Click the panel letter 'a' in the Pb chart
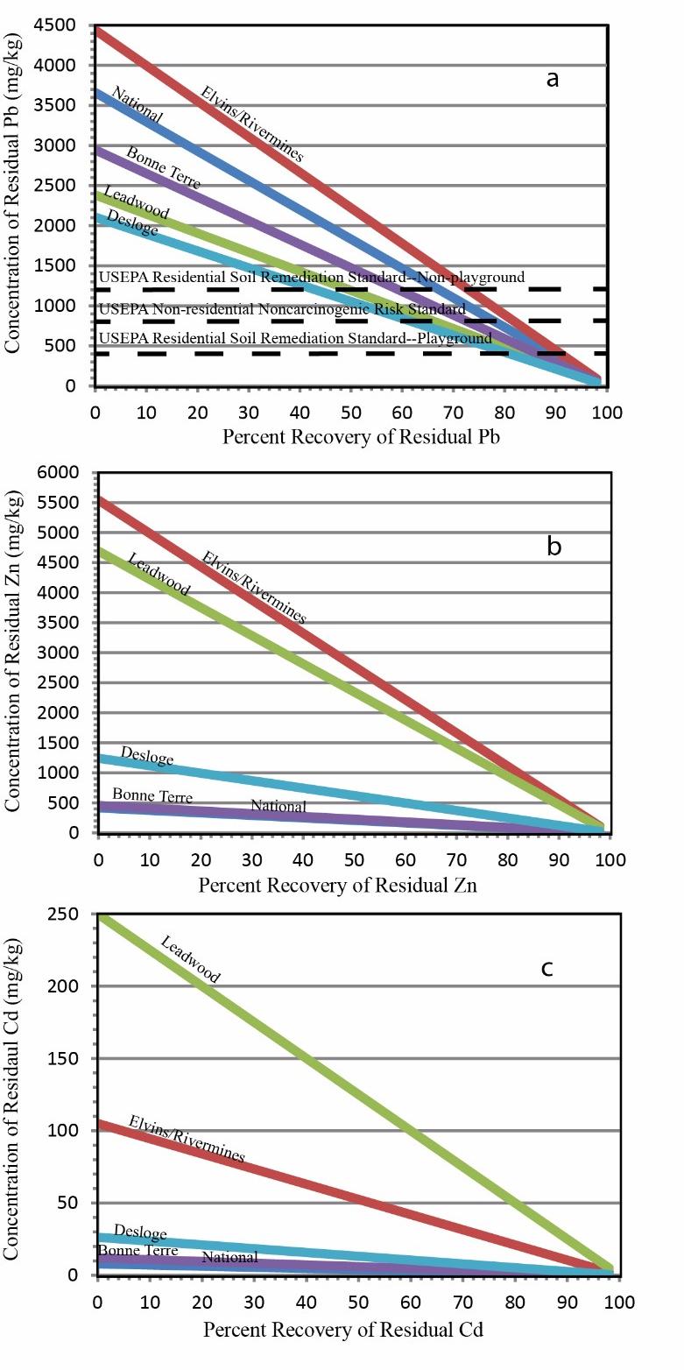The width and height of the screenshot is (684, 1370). [552, 79]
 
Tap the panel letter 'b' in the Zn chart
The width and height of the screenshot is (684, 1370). [554, 547]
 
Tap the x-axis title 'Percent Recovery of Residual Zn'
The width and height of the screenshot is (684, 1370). [337, 885]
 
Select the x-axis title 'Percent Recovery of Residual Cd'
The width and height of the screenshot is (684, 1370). [343, 1329]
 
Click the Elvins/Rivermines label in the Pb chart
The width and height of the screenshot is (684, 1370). [252, 124]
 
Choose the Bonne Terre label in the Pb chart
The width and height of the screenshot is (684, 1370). [163, 167]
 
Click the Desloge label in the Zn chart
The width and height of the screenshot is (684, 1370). [147, 756]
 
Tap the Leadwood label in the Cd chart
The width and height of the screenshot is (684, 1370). [190, 959]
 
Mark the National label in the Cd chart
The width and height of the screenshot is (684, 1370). [229, 1257]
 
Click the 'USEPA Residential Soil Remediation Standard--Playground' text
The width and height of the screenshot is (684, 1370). [295, 338]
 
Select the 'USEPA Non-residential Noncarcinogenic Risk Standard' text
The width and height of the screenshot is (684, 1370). [282, 309]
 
